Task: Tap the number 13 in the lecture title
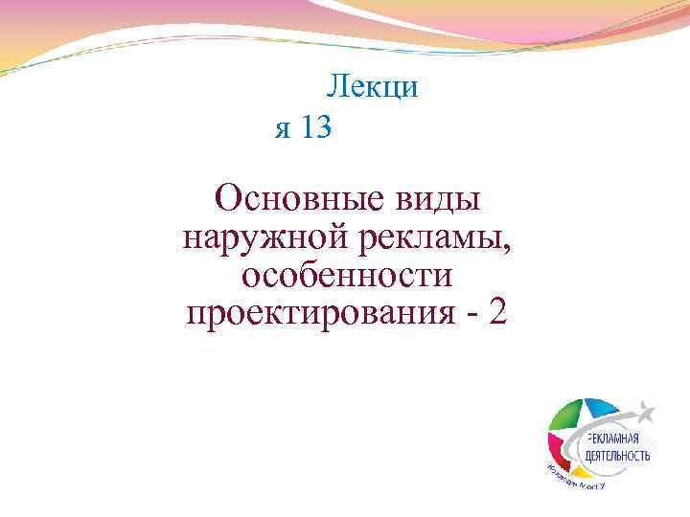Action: pos(315,127)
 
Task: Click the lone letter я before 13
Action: pos(282,129)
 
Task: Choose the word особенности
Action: pos(346,276)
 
